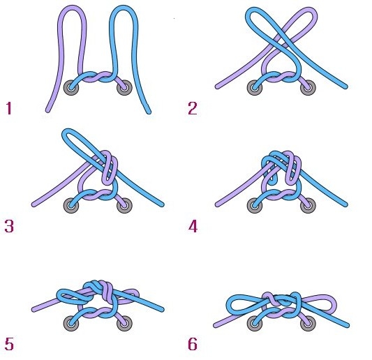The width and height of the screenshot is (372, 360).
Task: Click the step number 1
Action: tap(9, 108)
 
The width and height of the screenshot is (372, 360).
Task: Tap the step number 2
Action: tap(193, 108)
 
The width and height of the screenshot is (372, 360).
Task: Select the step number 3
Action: tap(9, 226)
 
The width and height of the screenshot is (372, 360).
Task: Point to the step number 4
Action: tap(193, 226)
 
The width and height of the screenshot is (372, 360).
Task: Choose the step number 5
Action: tap(9, 344)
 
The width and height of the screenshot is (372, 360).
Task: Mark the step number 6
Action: tap(193, 344)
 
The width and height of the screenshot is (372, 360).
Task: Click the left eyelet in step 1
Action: tap(71, 88)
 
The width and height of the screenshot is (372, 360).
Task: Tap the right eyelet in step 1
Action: tap(124, 88)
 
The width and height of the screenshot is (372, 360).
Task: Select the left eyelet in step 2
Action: tap(255, 88)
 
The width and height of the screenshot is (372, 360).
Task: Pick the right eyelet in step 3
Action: tap(124, 205)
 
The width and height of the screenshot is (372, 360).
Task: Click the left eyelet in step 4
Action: tap(255, 205)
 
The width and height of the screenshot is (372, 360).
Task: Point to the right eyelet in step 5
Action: tap(124, 323)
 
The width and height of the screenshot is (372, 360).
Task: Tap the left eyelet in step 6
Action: tap(255, 324)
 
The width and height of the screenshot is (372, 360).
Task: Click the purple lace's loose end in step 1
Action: tap(48, 110)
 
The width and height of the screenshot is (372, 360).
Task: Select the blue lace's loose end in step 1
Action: tap(149, 112)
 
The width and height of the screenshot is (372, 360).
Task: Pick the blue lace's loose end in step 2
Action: tap(345, 87)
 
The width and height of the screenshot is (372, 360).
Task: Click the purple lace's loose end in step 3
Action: tap(34, 204)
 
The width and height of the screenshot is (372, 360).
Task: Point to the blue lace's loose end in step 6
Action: tap(347, 325)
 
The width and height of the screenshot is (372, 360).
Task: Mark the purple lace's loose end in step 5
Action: tap(34, 309)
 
